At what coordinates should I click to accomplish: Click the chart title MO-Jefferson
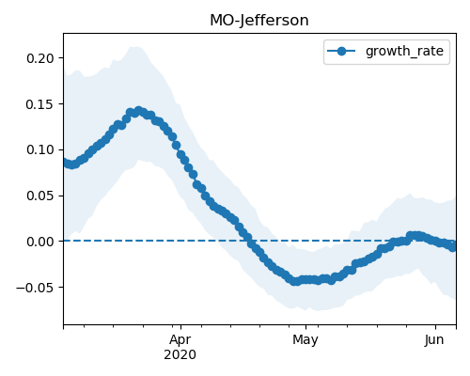[x=259, y=21]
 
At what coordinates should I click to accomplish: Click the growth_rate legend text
[x=404, y=51]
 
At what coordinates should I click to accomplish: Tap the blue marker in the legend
[x=341, y=51]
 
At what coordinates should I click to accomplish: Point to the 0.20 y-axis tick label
[x=40, y=58]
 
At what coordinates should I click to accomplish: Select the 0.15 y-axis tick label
[x=40, y=104]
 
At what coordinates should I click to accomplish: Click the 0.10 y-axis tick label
[x=40, y=150]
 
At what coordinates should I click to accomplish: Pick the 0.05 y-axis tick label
[x=40, y=196]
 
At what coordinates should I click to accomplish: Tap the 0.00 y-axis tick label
[x=40, y=242]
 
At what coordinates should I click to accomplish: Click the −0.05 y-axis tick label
[x=35, y=288]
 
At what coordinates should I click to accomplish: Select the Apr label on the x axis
[x=180, y=340]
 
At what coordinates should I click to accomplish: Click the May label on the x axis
[x=305, y=340]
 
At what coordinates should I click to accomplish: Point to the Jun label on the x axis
[x=434, y=340]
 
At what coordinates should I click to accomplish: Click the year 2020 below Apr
[x=180, y=355]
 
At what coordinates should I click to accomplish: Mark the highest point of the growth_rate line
[x=139, y=111]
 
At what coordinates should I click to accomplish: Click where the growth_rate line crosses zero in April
[x=250, y=241]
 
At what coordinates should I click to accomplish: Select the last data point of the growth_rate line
[x=452, y=247]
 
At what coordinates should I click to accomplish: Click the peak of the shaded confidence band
[x=135, y=47]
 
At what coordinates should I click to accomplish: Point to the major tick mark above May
[x=305, y=327]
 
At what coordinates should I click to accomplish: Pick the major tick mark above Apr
[x=180, y=327]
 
